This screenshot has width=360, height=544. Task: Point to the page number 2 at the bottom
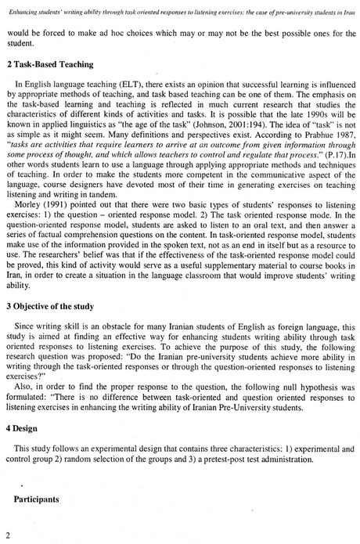[x=7, y=535]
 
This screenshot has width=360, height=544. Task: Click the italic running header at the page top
[x=180, y=7]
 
